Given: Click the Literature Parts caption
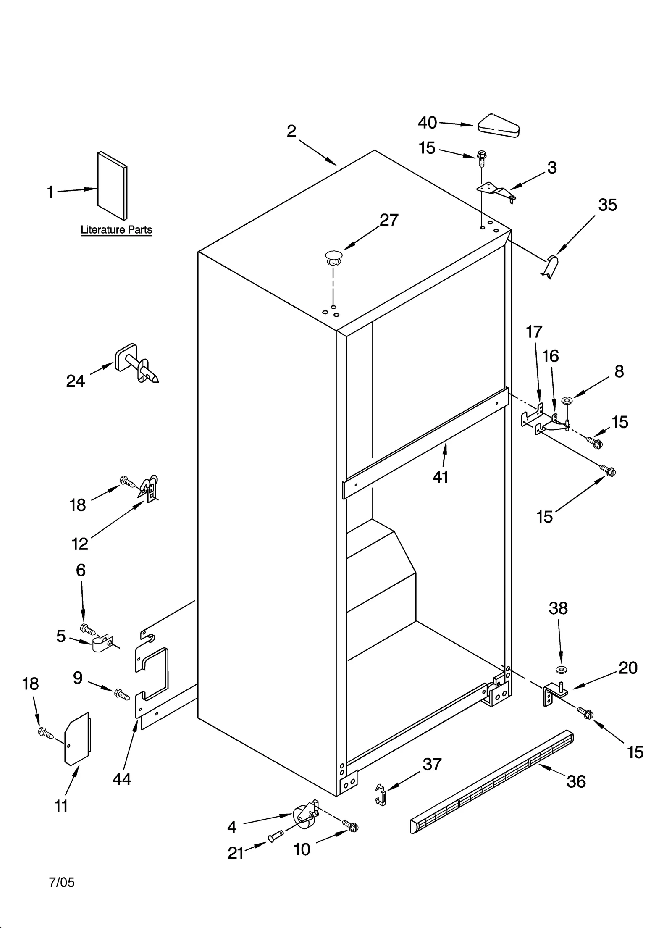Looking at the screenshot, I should (x=116, y=230).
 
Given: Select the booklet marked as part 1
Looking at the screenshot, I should (x=112, y=186).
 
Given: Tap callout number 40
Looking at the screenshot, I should (x=428, y=123).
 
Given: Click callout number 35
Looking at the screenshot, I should (x=607, y=205).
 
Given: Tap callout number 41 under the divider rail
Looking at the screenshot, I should (x=441, y=477).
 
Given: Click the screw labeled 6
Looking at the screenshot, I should (x=88, y=629).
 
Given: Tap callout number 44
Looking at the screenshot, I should (x=122, y=779).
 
